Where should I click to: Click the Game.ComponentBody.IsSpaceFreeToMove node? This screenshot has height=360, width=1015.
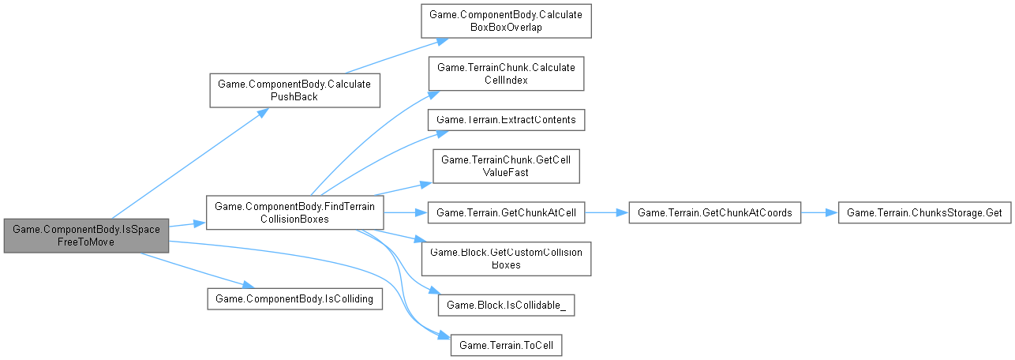[85, 235]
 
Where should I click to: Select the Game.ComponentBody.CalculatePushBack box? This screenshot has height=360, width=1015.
[294, 90]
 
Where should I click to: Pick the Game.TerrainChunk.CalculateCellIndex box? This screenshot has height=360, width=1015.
[505, 74]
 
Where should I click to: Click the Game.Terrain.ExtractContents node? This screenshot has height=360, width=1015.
[505, 120]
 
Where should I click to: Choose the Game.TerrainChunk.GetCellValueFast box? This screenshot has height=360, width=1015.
[505, 167]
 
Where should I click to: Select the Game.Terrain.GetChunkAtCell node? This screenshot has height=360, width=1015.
[505, 213]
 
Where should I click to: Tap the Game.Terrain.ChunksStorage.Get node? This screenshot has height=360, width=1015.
[924, 213]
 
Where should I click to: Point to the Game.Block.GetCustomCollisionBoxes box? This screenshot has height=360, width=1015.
[505, 259]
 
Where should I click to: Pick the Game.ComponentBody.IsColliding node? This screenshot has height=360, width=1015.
[294, 298]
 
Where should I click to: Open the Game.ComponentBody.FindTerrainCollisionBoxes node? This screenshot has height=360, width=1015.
[294, 213]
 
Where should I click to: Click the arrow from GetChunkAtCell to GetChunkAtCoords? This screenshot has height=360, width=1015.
[605, 213]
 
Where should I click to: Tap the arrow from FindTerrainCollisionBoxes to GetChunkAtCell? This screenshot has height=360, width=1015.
[405, 213]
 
